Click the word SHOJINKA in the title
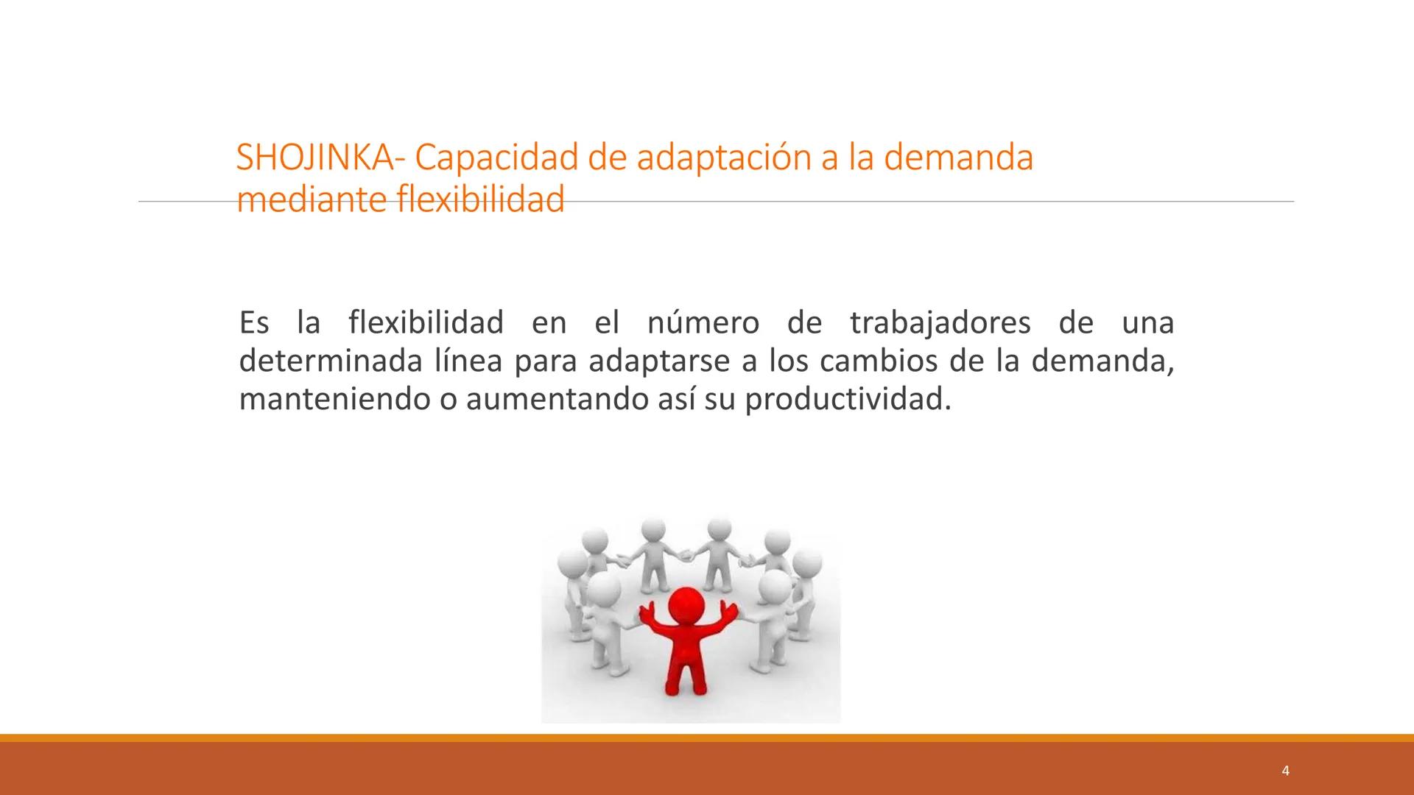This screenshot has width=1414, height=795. [314, 158]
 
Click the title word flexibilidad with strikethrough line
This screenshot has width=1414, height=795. [480, 199]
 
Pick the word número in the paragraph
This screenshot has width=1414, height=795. [703, 323]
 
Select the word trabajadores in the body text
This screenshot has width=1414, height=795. [940, 323]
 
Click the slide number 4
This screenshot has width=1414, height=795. [1285, 771]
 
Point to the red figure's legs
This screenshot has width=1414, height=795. [685, 674]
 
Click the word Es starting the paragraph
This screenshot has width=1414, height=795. [254, 323]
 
